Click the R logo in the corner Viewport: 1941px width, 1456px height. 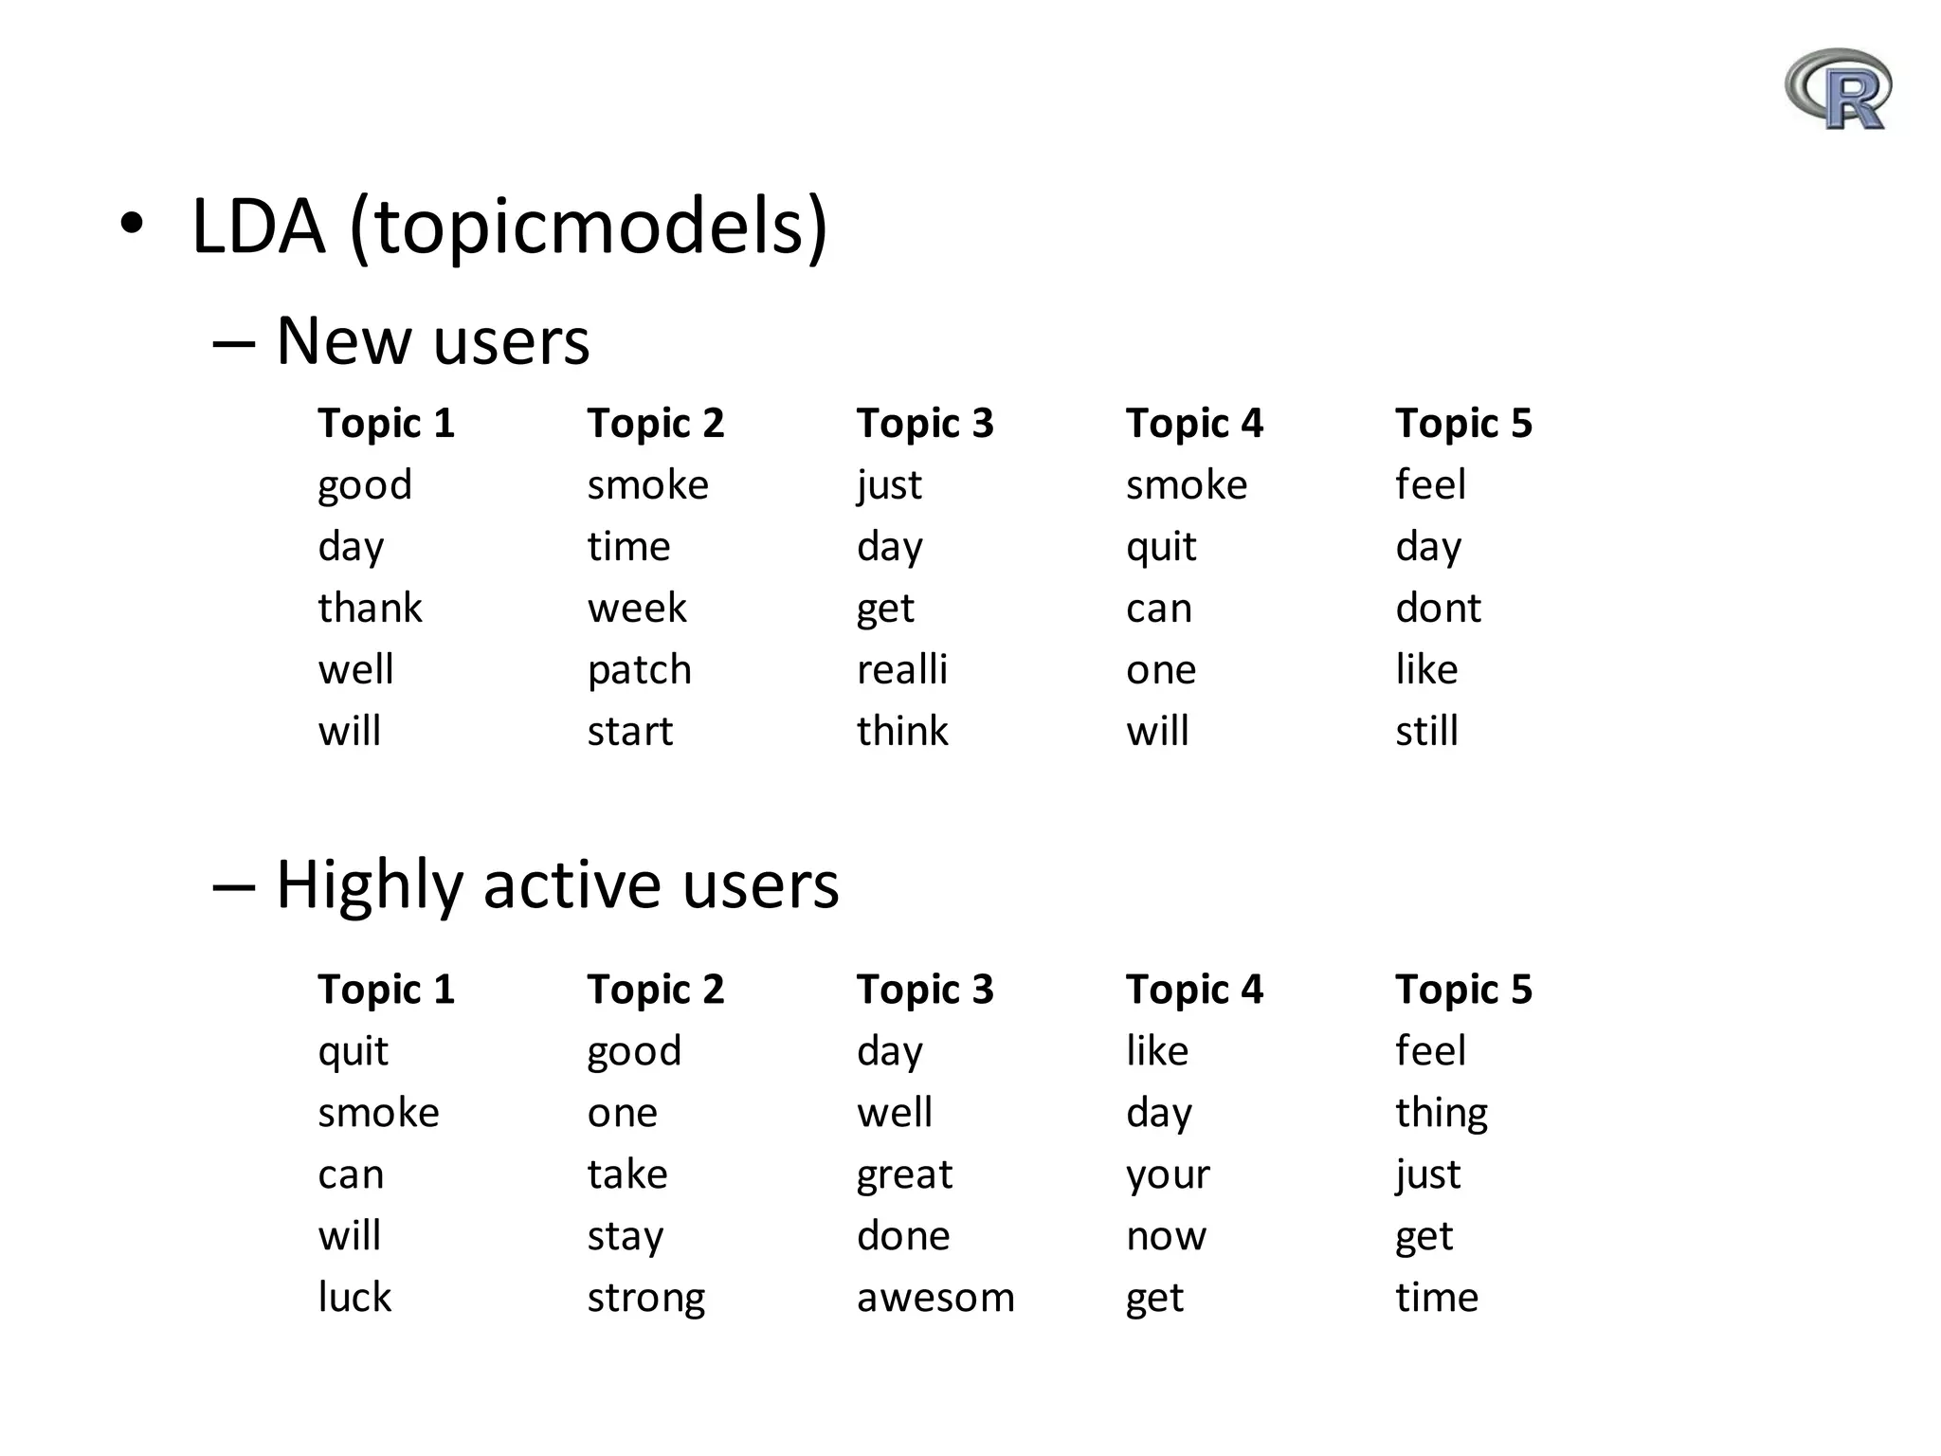(x=1838, y=90)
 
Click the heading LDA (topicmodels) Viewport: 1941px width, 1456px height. (x=509, y=227)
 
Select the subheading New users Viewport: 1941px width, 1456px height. (x=432, y=340)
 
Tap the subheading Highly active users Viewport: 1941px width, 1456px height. (x=556, y=884)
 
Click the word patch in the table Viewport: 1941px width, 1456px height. (x=639, y=670)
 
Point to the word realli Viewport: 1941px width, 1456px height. (x=901, y=670)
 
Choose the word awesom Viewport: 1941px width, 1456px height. (x=934, y=1298)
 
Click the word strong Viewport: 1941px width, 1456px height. (x=645, y=1298)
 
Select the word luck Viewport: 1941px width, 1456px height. (x=354, y=1298)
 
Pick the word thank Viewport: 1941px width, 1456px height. (x=370, y=609)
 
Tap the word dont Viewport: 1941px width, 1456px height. (x=1437, y=609)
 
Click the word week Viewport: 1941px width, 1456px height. (x=636, y=609)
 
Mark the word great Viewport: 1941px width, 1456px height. (x=904, y=1174)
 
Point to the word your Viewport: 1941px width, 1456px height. (x=1168, y=1174)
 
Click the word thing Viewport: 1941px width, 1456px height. (x=1441, y=1113)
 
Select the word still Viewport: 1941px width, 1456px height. (x=1426, y=732)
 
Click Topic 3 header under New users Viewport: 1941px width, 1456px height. (x=925, y=423)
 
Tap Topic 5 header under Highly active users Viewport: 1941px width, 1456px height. (x=1463, y=990)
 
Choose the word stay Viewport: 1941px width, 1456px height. (x=626, y=1236)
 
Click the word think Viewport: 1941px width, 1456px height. (x=901, y=732)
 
